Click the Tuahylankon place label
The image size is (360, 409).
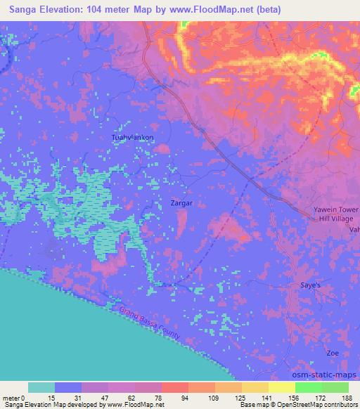[132, 138]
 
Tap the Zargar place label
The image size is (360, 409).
[181, 203]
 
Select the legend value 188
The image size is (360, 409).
[347, 397]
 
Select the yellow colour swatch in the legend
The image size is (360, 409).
[282, 387]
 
